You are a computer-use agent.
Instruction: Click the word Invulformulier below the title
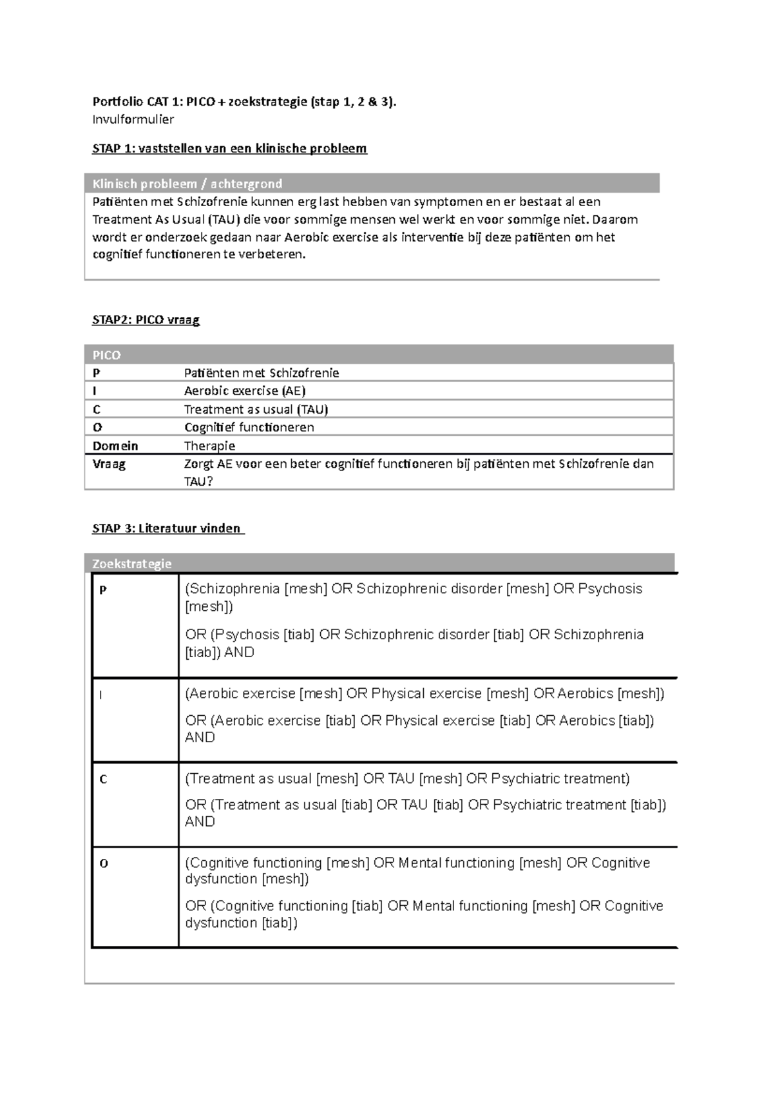[x=133, y=119]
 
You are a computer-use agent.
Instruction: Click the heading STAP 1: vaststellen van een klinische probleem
[x=229, y=149]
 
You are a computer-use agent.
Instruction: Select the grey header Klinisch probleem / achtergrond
[x=187, y=184]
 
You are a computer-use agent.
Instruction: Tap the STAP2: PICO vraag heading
[x=146, y=320]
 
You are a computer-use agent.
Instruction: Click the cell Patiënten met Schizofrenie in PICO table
[x=261, y=373]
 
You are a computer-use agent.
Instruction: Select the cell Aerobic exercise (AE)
[x=245, y=391]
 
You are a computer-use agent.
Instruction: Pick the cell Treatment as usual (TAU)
[x=256, y=409]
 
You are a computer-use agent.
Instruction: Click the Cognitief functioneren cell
[x=249, y=427]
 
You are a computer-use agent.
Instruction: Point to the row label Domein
[x=115, y=446]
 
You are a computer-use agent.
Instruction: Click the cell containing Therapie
[x=209, y=446]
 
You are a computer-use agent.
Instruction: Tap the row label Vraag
[x=109, y=464]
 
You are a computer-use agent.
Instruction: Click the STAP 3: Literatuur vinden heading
[x=167, y=528]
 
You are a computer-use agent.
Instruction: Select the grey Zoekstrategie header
[x=132, y=564]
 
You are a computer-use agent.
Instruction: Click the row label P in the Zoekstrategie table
[x=103, y=590]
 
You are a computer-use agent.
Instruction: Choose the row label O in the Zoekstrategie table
[x=103, y=864]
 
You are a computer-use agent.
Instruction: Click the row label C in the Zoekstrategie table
[x=103, y=780]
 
